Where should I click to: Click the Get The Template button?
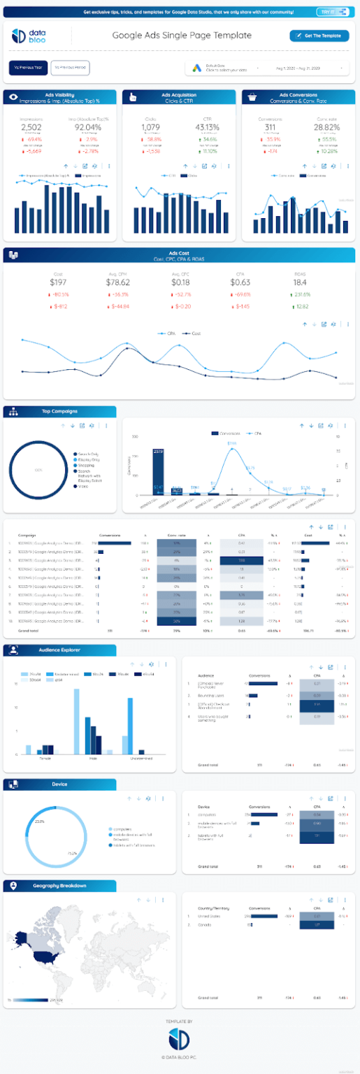pyautogui.click(x=319, y=36)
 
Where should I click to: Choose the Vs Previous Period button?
pyautogui.click(x=70, y=67)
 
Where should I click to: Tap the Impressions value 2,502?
pyautogui.click(x=31, y=127)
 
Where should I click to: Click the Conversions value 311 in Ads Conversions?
pyautogui.click(x=268, y=127)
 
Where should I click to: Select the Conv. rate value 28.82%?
pyautogui.click(x=326, y=127)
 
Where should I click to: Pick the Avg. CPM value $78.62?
pyautogui.click(x=118, y=282)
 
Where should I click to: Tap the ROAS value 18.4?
pyautogui.click(x=301, y=282)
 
